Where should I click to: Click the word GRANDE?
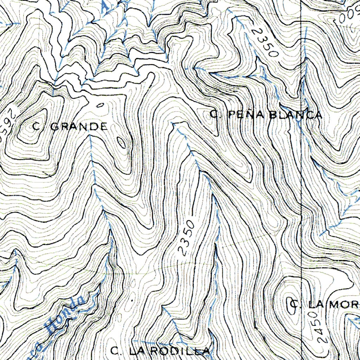tap(79, 127)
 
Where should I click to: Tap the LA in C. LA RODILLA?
tap(136, 351)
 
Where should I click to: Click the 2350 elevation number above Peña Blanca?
tap(264, 43)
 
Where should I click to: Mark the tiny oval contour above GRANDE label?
tap(100, 105)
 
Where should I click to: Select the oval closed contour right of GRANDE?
tap(121, 142)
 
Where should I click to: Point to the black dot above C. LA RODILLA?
tap(132, 301)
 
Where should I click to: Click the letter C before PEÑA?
tap(214, 114)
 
